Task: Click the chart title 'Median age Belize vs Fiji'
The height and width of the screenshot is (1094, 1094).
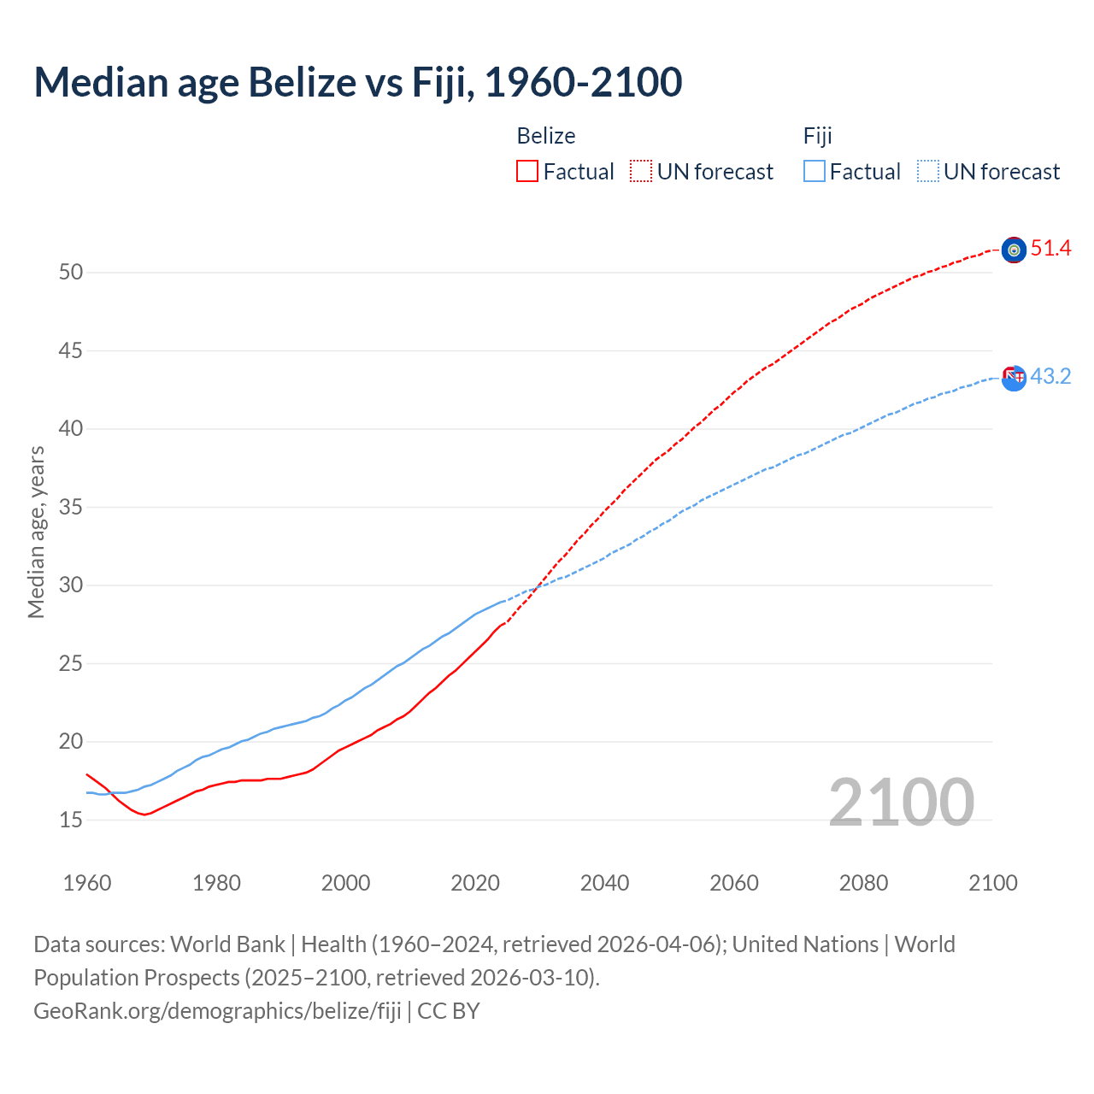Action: pos(357,82)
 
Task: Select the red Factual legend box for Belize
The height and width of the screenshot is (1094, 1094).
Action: pos(527,172)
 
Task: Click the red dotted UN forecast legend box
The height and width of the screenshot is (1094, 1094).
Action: pos(641,172)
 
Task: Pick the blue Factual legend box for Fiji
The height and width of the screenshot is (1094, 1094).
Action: pos(815,172)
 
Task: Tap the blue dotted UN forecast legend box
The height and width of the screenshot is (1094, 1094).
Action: pos(927,172)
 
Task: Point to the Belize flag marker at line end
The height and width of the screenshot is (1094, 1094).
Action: pos(1014,250)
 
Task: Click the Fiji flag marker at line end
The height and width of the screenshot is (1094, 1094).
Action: pos(1014,378)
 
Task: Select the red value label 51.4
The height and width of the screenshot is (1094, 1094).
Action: pos(1050,249)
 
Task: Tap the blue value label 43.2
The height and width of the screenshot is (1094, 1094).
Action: pos(1050,377)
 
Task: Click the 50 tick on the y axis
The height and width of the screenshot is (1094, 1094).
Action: pos(71,273)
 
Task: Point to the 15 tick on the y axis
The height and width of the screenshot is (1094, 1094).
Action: pos(71,820)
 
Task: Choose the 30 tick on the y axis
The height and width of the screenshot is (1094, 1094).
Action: pos(71,585)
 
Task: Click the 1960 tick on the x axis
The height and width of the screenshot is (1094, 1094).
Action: pos(87,883)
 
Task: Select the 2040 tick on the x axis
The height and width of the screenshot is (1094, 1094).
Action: pos(604,883)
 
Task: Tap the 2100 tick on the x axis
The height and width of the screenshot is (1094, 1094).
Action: pos(993,883)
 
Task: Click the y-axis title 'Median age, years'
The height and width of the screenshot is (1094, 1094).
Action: pos(36,532)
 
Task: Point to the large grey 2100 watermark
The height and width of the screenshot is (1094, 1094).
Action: pos(902,802)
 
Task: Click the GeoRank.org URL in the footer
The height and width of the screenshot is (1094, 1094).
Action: pos(217,1011)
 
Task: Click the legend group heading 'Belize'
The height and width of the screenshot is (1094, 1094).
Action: pos(546,136)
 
